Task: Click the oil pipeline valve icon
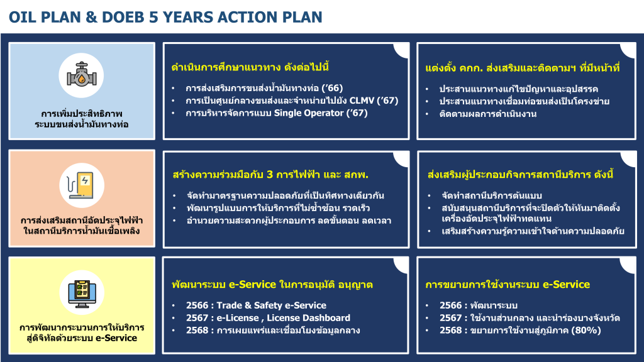click(81, 75)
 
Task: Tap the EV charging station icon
click(81, 185)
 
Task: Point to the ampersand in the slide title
click(91, 17)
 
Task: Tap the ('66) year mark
click(332, 88)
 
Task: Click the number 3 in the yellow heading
click(269, 175)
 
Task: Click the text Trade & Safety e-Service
click(271, 305)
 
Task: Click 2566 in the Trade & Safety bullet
click(197, 305)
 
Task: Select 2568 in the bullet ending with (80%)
click(450, 331)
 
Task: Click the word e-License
click(237, 317)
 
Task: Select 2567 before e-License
click(197, 317)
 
